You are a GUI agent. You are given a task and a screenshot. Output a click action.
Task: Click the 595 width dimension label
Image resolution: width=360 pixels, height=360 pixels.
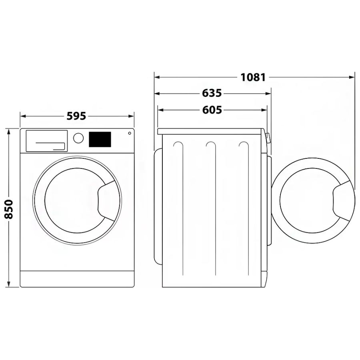pyautogui.click(x=76, y=116)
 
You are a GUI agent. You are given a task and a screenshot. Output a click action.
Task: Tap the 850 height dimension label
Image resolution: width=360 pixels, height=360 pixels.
pyautogui.click(x=9, y=209)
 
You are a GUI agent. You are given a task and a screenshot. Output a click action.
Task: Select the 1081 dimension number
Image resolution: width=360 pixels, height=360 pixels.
pyautogui.click(x=253, y=77)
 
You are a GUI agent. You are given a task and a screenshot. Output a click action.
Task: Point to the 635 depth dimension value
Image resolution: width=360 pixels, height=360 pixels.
pyautogui.click(x=212, y=93)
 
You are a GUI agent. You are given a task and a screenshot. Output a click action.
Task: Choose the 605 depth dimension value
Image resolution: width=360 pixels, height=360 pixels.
pyautogui.click(x=212, y=110)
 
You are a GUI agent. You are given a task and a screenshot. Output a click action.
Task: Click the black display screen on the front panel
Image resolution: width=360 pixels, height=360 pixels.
pyautogui.click(x=100, y=139)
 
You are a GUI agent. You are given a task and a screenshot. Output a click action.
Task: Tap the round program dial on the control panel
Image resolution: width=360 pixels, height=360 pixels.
pyautogui.click(x=78, y=138)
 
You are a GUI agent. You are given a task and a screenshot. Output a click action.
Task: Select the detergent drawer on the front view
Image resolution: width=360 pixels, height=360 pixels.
pyautogui.click(x=47, y=141)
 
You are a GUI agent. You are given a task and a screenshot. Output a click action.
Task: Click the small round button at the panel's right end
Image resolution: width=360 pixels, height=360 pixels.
pyautogui.click(x=130, y=133)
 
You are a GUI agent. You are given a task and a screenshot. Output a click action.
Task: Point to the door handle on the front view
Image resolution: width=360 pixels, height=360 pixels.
pyautogui.click(x=106, y=201)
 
